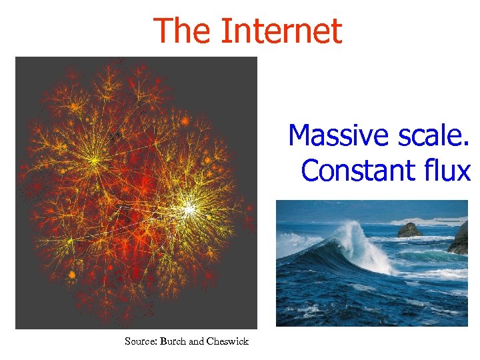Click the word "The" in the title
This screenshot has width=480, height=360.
tap(181, 31)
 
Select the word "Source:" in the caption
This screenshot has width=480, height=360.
tap(141, 341)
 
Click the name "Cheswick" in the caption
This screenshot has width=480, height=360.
tap(228, 341)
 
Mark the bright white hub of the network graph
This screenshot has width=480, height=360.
tap(189, 209)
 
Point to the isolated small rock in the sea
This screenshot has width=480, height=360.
tap(409, 230)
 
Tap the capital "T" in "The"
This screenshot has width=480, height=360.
tap(162, 31)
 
